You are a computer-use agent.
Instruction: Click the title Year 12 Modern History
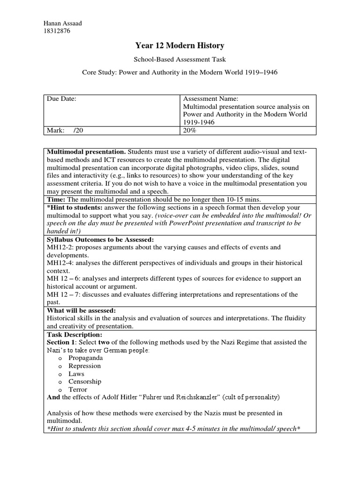click(180, 45)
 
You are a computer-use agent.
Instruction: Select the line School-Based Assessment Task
click(180, 60)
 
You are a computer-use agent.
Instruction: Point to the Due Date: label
click(61, 99)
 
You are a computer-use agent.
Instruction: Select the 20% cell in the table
click(190, 131)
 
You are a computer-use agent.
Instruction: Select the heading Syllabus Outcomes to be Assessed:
click(100, 240)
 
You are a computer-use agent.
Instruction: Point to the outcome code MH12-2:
click(59, 247)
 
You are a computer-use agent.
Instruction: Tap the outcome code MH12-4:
click(59, 263)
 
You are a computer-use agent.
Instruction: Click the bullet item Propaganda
click(86, 358)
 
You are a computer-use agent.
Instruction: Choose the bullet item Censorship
click(85, 382)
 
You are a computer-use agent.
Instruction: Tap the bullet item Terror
click(78, 390)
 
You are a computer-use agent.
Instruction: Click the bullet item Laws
click(76, 374)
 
